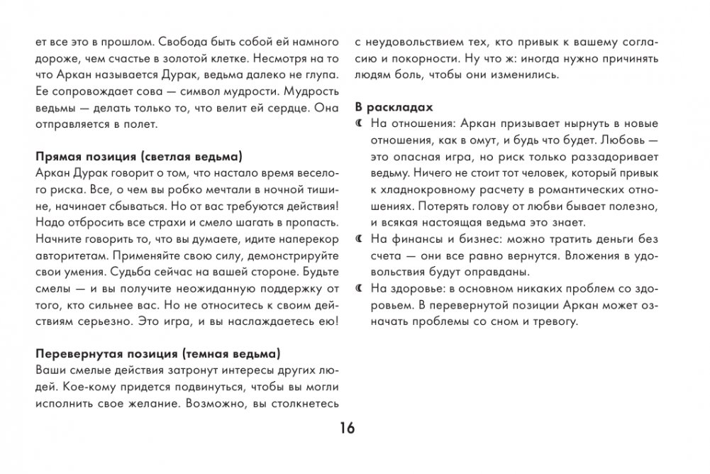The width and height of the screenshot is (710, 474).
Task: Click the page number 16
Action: pos(347,428)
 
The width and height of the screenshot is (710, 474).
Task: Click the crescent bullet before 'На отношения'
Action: pos(359,124)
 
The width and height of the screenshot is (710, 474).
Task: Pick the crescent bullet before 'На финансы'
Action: pos(359,239)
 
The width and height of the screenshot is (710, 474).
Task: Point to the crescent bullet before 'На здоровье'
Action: pos(359,288)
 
